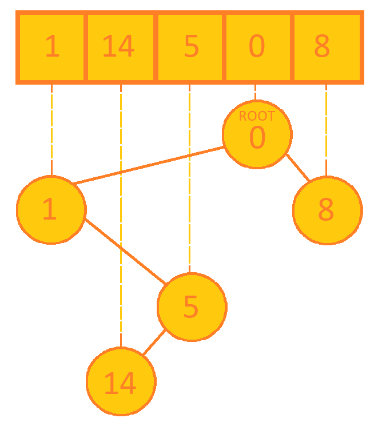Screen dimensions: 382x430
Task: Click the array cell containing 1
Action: point(51,47)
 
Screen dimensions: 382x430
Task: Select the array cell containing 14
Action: point(120,47)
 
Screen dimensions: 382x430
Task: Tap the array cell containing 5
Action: point(190,47)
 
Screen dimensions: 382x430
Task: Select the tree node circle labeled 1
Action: point(51,210)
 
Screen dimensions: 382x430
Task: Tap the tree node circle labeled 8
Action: point(327,210)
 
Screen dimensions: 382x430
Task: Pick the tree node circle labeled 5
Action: point(192,307)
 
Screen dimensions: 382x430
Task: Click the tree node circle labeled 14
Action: point(121,381)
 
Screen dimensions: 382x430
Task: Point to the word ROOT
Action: point(257,116)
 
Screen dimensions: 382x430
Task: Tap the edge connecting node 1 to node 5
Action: point(125,251)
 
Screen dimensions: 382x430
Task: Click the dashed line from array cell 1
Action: point(51,129)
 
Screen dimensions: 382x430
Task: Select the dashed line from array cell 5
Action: point(190,177)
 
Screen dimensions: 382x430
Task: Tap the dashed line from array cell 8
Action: point(326,129)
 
